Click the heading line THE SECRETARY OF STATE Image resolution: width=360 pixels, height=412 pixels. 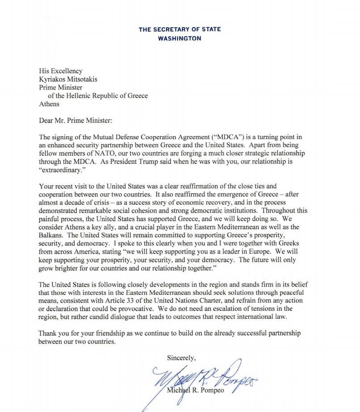pos(180,29)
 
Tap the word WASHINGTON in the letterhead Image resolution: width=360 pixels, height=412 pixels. pos(180,38)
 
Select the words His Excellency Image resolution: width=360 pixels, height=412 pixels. pos(61,71)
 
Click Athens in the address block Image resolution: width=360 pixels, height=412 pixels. pos(49,104)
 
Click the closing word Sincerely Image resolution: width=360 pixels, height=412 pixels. pos(181,358)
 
